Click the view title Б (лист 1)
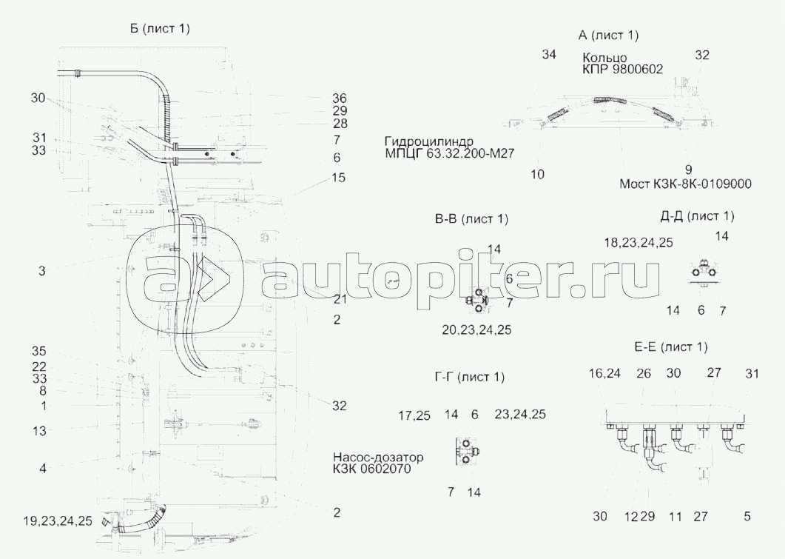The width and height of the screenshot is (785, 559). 160,29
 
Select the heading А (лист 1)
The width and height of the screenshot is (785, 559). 609,36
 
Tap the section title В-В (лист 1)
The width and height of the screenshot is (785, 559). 471,219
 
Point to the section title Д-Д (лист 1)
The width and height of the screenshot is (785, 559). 697,216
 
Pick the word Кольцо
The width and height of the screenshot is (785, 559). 605,58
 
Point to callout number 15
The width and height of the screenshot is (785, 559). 339,178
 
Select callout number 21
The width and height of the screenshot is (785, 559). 340,299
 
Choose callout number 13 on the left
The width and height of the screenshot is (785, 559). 39,430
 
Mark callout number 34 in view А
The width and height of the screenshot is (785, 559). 548,55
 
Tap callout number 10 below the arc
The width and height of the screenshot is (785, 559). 538,174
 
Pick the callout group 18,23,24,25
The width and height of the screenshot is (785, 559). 638,242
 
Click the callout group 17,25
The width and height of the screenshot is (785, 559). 414,415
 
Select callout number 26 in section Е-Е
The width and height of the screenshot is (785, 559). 644,373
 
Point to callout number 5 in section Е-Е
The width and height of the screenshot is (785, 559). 747,516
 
